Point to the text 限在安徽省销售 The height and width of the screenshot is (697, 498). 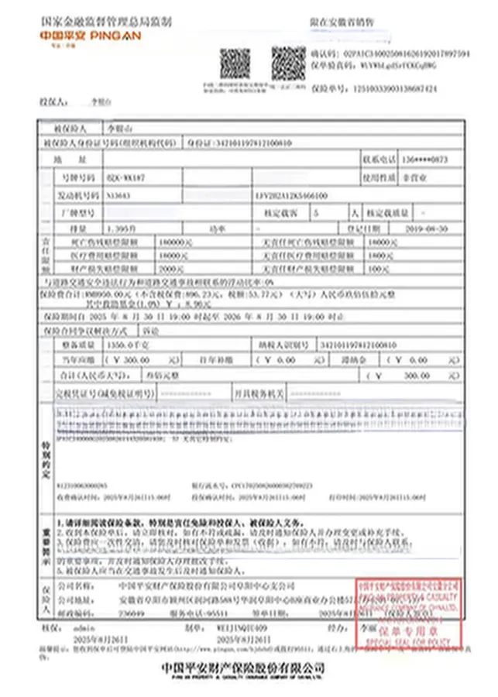[342, 22]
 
